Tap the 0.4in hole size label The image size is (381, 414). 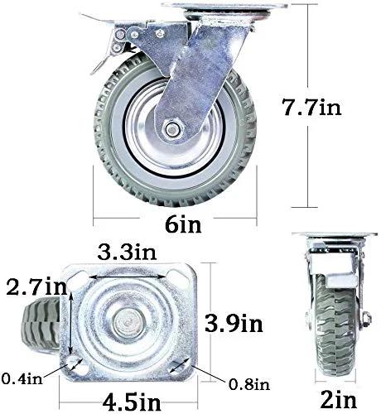pyautogui.click(x=22, y=378)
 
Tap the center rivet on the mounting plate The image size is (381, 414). pyautogui.click(x=133, y=320)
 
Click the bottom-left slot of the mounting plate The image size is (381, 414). pyautogui.click(x=80, y=364)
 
